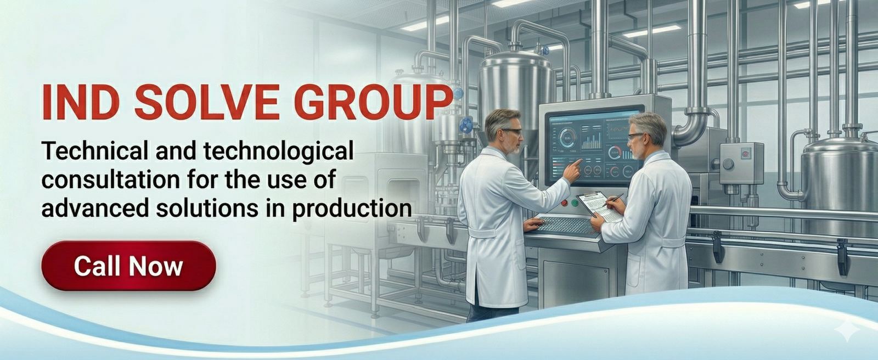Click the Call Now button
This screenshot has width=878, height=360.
128,266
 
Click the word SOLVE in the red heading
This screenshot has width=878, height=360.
207,102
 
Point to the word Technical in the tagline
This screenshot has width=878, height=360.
95,150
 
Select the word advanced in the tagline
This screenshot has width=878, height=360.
95,208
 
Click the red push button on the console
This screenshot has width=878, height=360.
565,203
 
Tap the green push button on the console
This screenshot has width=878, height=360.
575,203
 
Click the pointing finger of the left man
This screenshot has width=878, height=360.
577,162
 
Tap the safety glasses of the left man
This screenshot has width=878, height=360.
513,132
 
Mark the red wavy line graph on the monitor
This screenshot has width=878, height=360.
620,128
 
